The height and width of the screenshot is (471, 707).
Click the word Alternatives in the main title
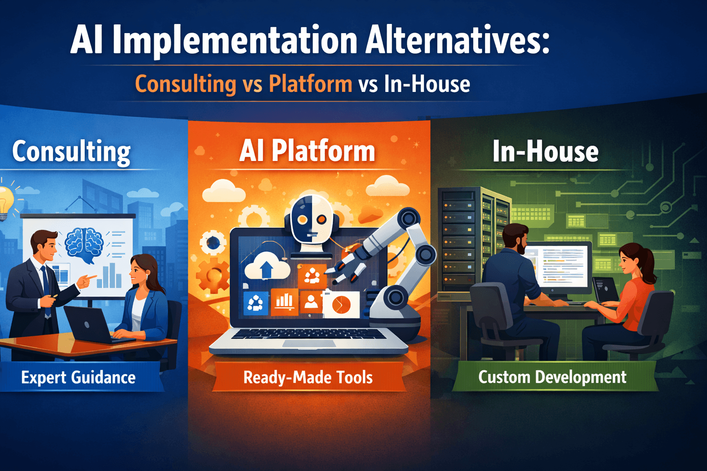tap(458, 40)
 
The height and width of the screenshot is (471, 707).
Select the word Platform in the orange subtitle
tap(310, 84)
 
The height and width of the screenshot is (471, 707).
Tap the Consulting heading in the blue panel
tap(71, 151)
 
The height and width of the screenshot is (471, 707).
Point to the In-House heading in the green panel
tap(545, 151)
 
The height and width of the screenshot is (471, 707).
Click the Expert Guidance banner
tap(78, 377)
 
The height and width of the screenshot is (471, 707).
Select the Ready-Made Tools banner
tap(308, 377)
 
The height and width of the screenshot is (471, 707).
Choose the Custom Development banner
tap(552, 377)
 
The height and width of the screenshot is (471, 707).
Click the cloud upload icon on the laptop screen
tap(267, 267)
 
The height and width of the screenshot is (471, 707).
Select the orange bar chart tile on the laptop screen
tap(284, 302)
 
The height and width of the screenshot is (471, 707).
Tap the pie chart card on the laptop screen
tap(342, 304)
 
